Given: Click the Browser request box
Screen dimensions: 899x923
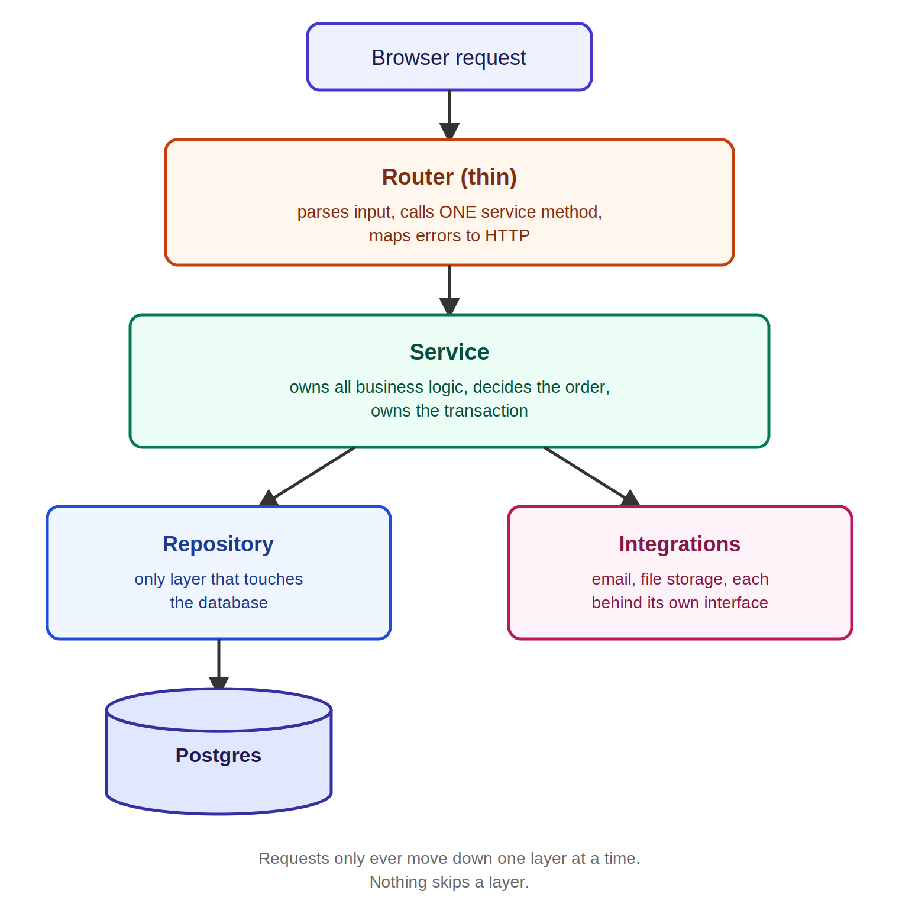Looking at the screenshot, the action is click(449, 57).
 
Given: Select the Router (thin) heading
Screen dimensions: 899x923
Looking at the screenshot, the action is click(449, 177).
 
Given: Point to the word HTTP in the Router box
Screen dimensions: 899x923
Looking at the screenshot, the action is click(507, 235).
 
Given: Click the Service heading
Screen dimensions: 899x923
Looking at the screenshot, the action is click(449, 352).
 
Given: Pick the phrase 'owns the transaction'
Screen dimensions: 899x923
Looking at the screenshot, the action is click(449, 411).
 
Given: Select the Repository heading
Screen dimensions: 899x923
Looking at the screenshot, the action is click(218, 544).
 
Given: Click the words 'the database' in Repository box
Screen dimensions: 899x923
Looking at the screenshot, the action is click(219, 602).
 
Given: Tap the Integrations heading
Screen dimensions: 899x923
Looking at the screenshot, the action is click(680, 544).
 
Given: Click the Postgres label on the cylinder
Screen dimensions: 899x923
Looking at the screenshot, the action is click(218, 756).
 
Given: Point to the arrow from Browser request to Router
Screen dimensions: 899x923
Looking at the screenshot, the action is click(449, 115).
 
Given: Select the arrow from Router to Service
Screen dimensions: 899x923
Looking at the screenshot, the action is click(449, 290).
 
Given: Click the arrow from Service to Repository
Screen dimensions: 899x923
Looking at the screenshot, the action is click(307, 477).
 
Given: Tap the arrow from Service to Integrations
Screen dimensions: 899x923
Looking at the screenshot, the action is click(592, 477).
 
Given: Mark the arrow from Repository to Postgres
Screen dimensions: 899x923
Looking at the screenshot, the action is click(219, 664).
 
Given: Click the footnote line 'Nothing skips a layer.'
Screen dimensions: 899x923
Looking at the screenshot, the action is click(449, 882).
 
